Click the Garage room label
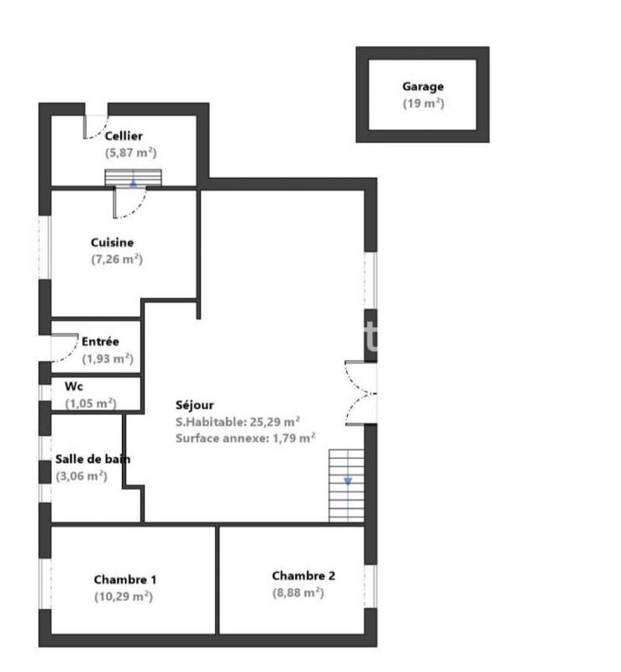[x=422, y=87]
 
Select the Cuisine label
[x=113, y=243]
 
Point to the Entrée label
[x=100, y=342]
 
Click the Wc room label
[x=73, y=387]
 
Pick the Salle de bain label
[x=92, y=459]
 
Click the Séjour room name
[x=194, y=405]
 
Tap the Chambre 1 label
[x=125, y=580]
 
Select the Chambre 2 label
[x=303, y=576]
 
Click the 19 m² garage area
[x=423, y=103]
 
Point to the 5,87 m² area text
[x=131, y=153]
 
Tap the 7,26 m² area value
[x=117, y=260]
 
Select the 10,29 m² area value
[x=123, y=596]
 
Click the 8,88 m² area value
[x=297, y=592]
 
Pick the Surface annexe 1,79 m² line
[x=245, y=438]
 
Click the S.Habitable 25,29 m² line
[x=238, y=422]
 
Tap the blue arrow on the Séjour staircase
[x=348, y=482]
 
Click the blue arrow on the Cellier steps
[x=133, y=182]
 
